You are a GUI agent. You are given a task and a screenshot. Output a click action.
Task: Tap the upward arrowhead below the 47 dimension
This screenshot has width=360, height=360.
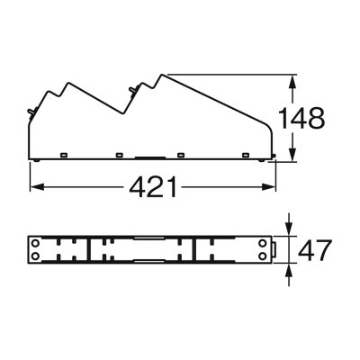click(x=289, y=268)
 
